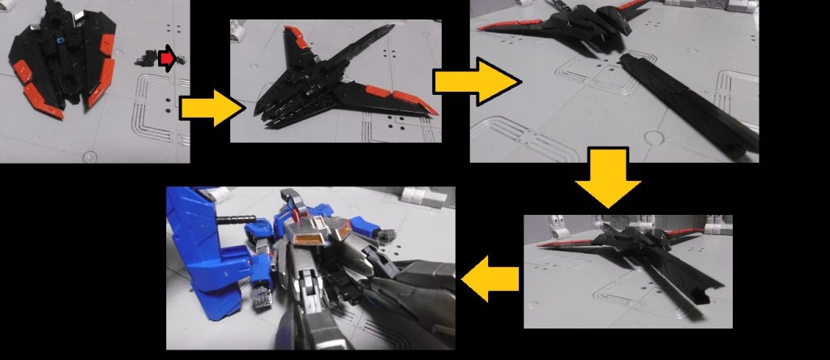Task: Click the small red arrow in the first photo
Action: [166, 58]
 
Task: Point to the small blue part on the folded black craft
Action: [61, 38]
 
